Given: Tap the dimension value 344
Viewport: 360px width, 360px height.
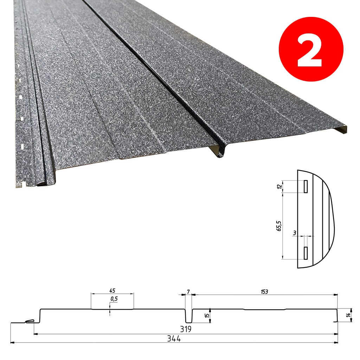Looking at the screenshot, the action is [x=174, y=339].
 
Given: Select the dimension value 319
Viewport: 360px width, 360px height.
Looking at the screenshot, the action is [x=186, y=329].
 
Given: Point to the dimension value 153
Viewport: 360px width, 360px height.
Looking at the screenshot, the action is [x=264, y=291].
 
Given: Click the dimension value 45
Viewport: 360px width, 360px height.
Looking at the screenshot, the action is [x=112, y=291].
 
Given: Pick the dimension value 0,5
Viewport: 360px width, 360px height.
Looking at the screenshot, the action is [x=114, y=299].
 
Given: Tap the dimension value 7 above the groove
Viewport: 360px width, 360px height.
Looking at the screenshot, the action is [x=188, y=292].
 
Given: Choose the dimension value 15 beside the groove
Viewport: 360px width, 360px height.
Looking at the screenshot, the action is [x=207, y=316].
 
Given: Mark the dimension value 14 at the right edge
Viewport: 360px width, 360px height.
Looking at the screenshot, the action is [x=349, y=315].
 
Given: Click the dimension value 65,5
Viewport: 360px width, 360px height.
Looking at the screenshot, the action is [x=279, y=226].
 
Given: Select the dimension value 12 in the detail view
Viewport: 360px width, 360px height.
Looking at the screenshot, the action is [x=279, y=186].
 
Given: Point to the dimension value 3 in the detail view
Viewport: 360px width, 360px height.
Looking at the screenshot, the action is [x=295, y=233].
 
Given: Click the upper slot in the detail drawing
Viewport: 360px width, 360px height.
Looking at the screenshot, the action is [x=306, y=186].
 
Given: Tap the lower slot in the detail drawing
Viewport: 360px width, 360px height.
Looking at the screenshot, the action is [x=306, y=253].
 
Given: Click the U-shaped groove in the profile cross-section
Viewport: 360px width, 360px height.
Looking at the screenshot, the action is [x=189, y=316].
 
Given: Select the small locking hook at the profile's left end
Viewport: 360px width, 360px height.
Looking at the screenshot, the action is [x=30, y=321].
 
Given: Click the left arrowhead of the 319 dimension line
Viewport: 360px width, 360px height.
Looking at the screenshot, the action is [x=36, y=334].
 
